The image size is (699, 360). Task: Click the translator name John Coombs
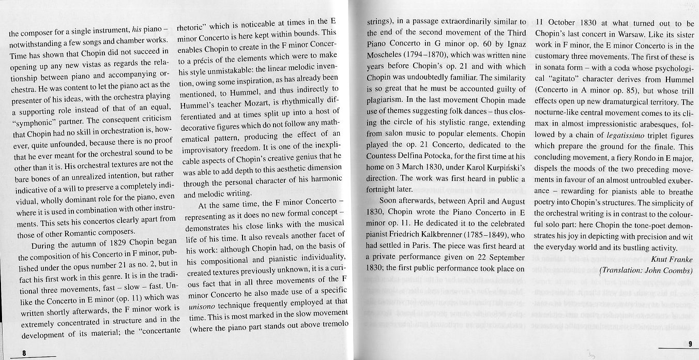(x=667, y=270)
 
